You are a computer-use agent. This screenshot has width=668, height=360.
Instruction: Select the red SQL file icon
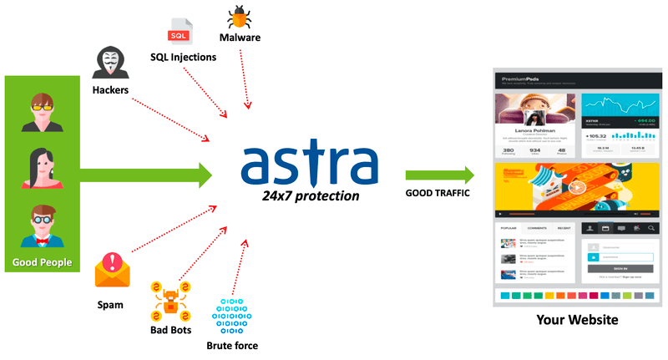click(x=180, y=32)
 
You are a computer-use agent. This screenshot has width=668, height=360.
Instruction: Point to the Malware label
click(x=240, y=38)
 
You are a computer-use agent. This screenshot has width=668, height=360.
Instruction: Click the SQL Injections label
click(x=183, y=57)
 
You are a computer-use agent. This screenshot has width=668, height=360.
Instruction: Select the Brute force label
click(x=232, y=345)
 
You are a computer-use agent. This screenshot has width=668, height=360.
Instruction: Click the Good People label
click(x=42, y=263)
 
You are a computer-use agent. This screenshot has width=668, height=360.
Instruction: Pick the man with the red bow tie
click(x=41, y=226)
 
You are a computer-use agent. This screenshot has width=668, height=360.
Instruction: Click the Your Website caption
click(x=578, y=319)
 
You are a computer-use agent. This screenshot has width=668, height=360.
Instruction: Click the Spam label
click(x=109, y=305)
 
